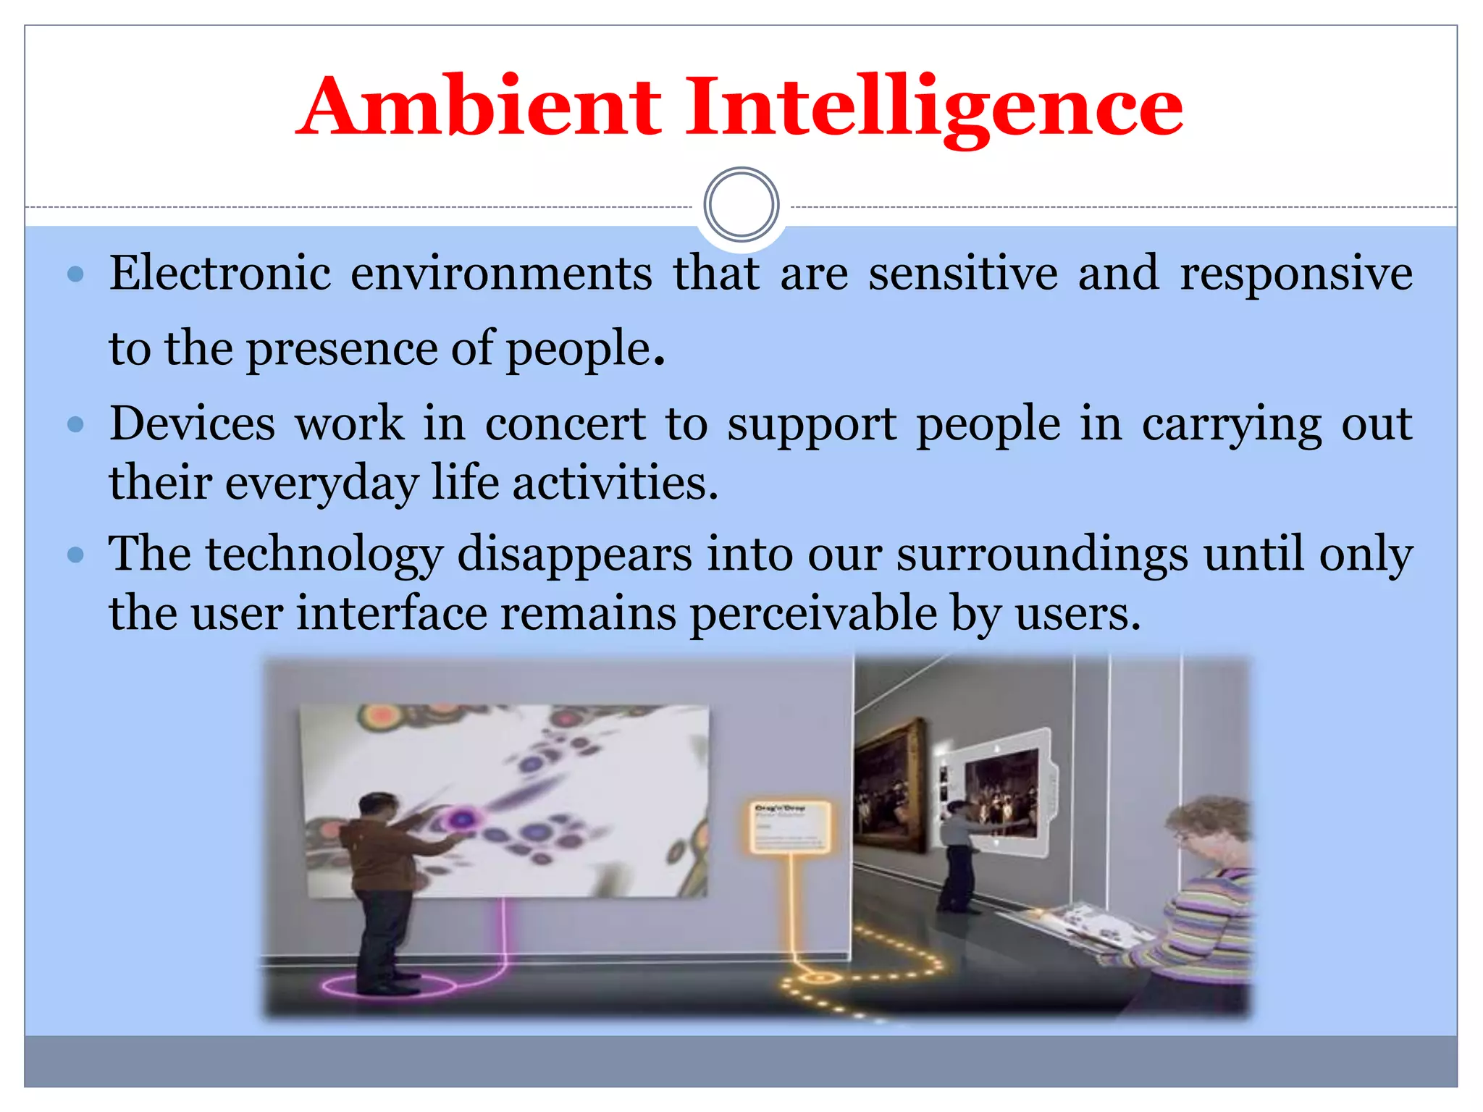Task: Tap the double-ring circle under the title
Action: coord(741,205)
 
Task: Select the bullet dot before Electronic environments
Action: coord(75,275)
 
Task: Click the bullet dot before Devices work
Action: coord(75,424)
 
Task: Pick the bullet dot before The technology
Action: coord(75,555)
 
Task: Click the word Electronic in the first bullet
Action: coord(220,274)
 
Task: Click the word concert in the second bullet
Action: coord(565,424)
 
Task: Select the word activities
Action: coord(616,483)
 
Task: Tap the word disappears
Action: coord(574,555)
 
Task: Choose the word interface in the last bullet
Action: coord(391,614)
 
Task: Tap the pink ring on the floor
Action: coord(389,986)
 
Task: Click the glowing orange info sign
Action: coord(789,827)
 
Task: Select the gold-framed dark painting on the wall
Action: coord(889,785)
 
